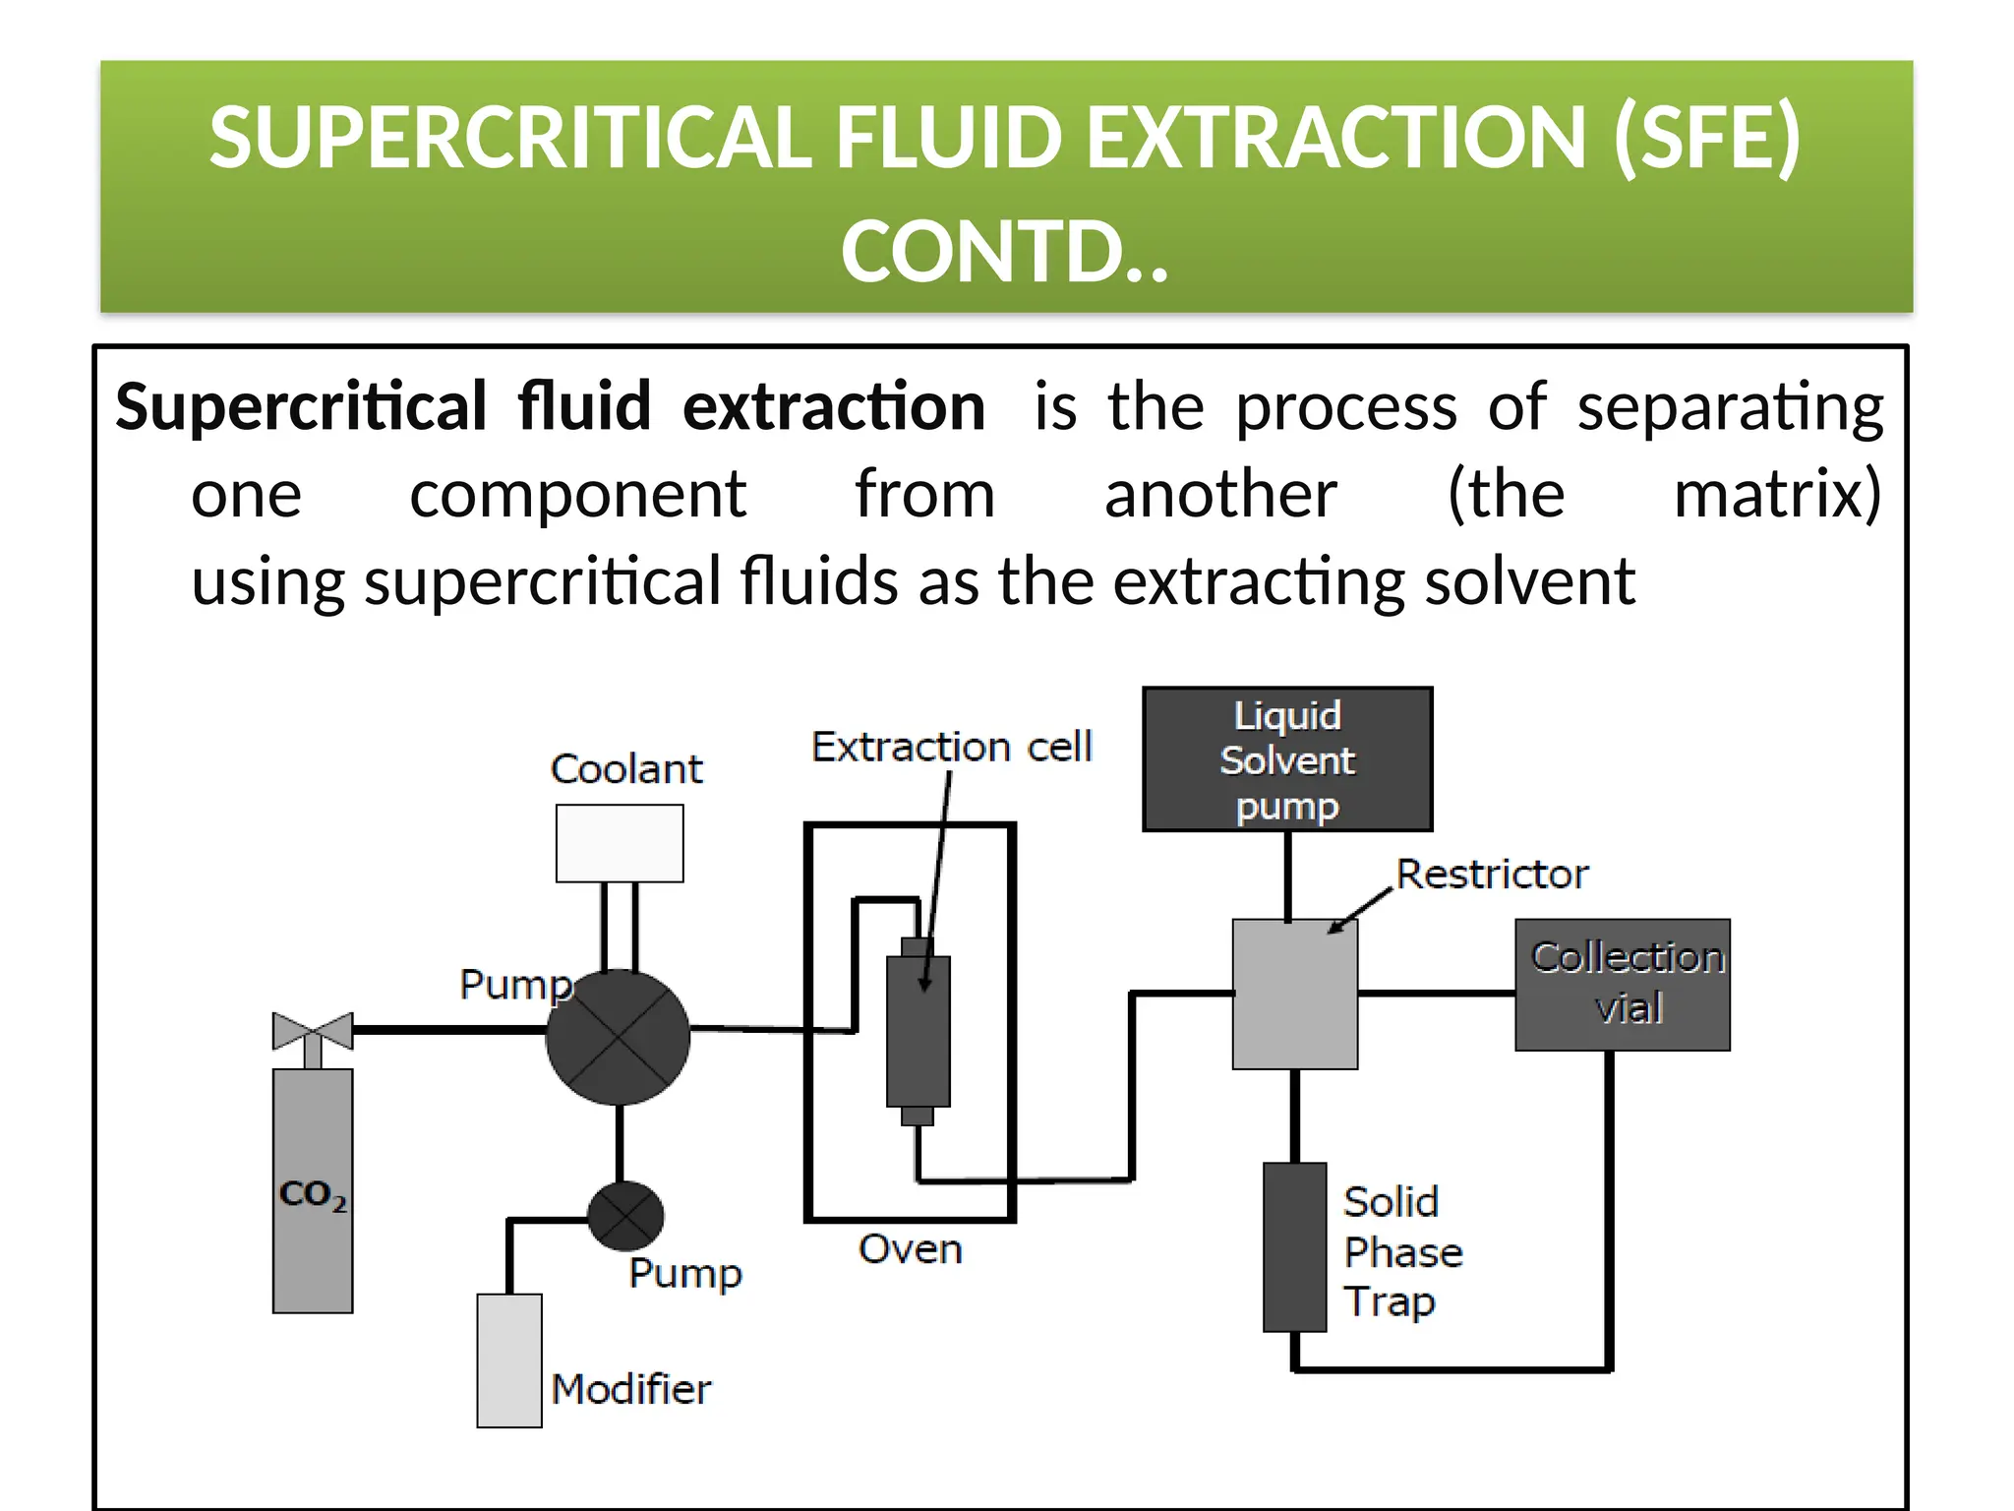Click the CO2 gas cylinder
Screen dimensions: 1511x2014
tap(313, 1190)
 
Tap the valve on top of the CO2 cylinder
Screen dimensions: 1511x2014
tap(313, 1031)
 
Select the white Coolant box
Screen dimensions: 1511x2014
tap(620, 843)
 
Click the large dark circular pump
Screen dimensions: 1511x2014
tap(618, 1037)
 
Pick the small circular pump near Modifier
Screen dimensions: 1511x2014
tap(625, 1217)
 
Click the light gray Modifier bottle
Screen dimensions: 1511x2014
tap(509, 1360)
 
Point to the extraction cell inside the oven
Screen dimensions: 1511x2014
tap(918, 1031)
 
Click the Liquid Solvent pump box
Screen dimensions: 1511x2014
tap(1287, 759)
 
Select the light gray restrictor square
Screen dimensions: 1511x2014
tap(1295, 994)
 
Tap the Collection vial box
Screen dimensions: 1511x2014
tap(1623, 984)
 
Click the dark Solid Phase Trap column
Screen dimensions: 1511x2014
tap(1295, 1246)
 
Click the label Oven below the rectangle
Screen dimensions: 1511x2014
tap(910, 1249)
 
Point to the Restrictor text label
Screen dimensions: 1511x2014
tap(1492, 874)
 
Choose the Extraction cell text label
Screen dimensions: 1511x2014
tap(951, 747)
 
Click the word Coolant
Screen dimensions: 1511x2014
tap(626, 768)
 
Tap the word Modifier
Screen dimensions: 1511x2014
tap(630, 1389)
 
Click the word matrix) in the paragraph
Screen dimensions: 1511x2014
tap(1777, 494)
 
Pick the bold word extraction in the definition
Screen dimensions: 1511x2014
tap(834, 406)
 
